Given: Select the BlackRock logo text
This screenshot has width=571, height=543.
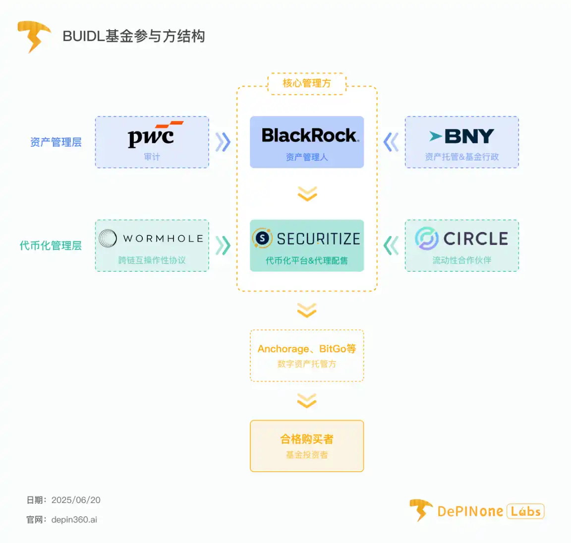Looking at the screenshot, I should (x=310, y=135).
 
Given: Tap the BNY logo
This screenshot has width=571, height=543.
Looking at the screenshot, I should (x=462, y=136).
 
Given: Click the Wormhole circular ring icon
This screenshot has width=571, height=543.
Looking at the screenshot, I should (x=108, y=239).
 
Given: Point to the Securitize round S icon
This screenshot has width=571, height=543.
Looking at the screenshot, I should (x=262, y=239).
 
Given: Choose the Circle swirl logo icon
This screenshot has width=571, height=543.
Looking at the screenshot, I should (x=426, y=239).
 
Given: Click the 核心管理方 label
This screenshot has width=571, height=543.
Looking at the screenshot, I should (x=307, y=83).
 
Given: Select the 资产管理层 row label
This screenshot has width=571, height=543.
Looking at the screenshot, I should (x=56, y=142).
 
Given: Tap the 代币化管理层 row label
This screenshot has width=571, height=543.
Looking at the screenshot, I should (x=51, y=245).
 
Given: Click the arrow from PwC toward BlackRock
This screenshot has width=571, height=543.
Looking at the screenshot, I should (x=223, y=142).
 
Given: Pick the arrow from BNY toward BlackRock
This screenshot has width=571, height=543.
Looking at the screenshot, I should (x=391, y=142).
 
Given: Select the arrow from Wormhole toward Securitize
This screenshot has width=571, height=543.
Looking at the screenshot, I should (x=223, y=245).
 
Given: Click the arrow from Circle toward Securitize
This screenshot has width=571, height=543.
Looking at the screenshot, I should (x=391, y=245).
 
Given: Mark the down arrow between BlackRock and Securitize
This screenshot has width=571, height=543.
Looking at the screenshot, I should (x=307, y=194).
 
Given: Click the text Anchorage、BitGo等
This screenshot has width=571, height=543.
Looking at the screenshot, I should (x=307, y=349).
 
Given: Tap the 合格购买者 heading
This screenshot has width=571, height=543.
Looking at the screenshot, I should (x=307, y=439).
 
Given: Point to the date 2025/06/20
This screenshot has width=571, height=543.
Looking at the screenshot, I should (x=76, y=500).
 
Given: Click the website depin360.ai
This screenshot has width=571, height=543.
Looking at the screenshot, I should (x=74, y=520).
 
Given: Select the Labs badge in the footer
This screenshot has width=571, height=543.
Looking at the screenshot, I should (x=525, y=511).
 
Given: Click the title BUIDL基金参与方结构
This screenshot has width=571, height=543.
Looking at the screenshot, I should (x=134, y=36).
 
